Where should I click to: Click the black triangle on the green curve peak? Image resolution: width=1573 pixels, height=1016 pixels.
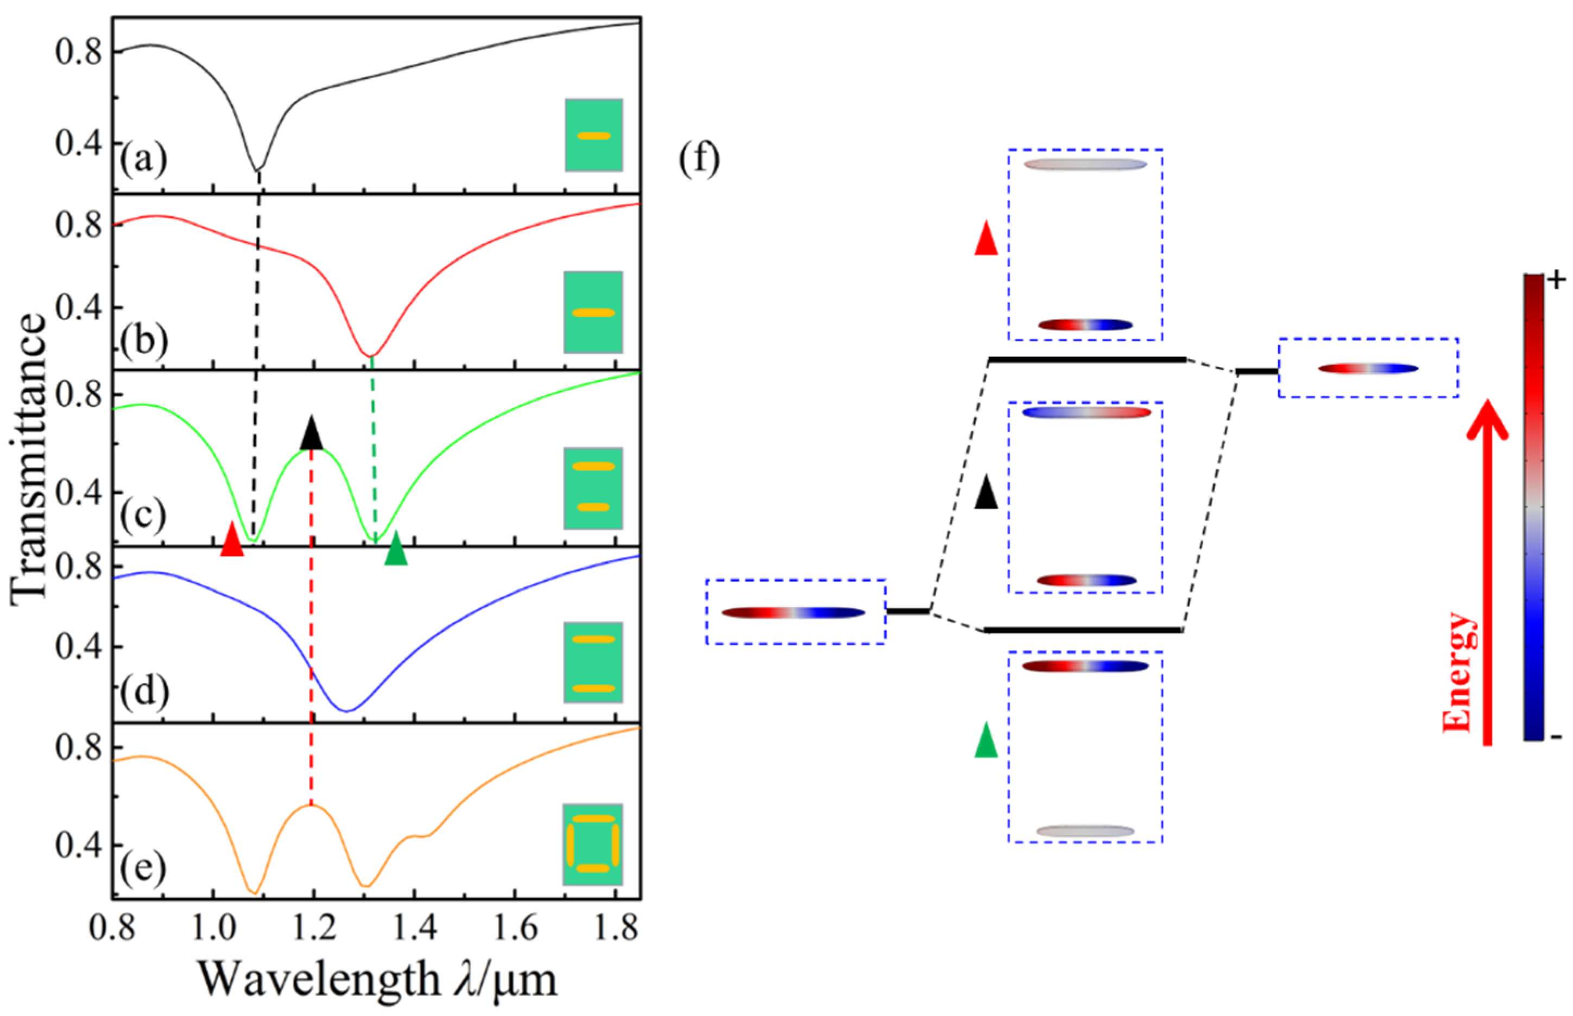coord(312,434)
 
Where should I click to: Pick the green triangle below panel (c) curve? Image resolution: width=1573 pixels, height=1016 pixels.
coord(395,548)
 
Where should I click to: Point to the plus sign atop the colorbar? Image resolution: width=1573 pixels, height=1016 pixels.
coord(1557,281)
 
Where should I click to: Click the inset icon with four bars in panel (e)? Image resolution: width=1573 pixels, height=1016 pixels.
coord(592,844)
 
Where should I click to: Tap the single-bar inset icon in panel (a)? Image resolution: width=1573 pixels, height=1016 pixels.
coord(593,135)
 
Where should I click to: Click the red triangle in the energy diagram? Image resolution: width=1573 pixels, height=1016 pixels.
coord(986,239)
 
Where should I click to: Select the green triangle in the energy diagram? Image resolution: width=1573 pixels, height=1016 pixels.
coord(986,740)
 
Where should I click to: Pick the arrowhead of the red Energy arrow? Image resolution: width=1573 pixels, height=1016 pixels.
coord(1487,420)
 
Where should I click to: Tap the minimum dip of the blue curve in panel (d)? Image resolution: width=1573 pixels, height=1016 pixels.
coord(346,710)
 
